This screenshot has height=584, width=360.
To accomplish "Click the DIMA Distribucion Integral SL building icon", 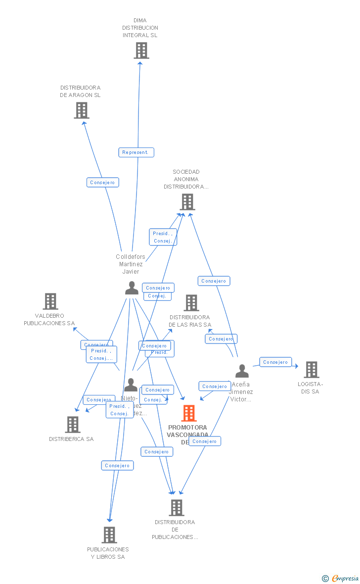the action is click(x=141, y=50).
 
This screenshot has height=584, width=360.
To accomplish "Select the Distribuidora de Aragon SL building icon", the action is click(x=82, y=110).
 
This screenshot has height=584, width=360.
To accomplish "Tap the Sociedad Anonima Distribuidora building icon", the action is click(x=187, y=202).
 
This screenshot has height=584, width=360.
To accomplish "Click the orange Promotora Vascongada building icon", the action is click(x=189, y=413).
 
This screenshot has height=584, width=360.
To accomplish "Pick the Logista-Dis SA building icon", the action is click(x=311, y=370).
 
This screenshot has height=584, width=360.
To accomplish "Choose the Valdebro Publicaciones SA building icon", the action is click(x=50, y=301).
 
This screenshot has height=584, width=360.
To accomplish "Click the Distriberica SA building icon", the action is click(x=73, y=425).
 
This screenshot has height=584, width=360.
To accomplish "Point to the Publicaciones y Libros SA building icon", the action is click(x=109, y=535).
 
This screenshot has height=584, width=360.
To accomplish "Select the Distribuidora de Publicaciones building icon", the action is click(x=176, y=508).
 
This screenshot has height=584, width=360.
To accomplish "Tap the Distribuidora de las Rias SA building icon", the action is click(x=191, y=303).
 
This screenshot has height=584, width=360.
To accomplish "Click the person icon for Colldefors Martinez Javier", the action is click(x=132, y=288).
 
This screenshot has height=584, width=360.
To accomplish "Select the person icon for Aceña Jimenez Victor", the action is click(x=242, y=371).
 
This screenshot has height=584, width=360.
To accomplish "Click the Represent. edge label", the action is click(x=136, y=152).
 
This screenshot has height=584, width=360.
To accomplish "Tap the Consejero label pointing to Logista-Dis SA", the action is click(x=275, y=362).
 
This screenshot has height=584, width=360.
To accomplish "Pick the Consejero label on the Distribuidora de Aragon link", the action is click(x=103, y=183).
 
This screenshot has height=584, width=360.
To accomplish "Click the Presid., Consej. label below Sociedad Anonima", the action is click(x=163, y=237).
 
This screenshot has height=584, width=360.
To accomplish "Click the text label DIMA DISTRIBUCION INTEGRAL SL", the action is click(x=140, y=28).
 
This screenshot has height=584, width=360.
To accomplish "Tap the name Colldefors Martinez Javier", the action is click(x=131, y=264).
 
